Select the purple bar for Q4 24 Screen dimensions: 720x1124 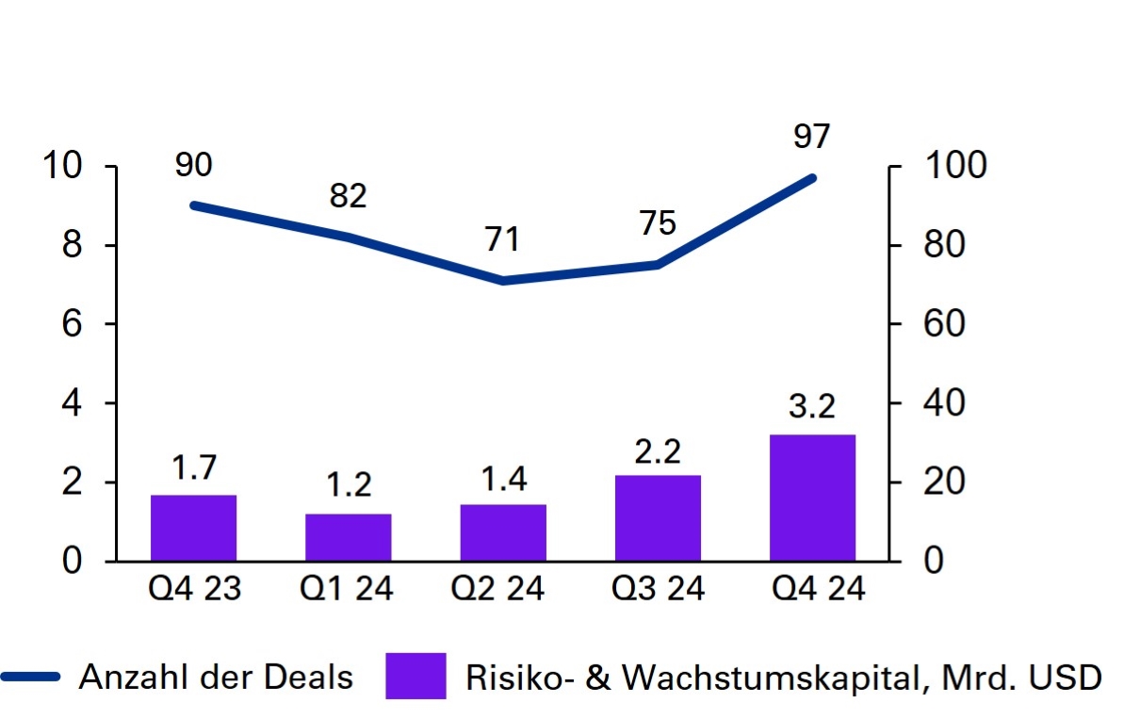coord(812,498)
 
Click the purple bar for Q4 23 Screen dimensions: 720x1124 coord(193,528)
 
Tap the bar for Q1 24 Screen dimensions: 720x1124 coord(348,537)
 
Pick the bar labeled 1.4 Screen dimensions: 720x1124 coord(503,532)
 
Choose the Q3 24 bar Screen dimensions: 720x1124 coord(658,518)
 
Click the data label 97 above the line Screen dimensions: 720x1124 coord(811,136)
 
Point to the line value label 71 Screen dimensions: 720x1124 coord(502,239)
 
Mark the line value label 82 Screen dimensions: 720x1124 coord(348,196)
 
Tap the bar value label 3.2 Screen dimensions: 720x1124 coord(811,408)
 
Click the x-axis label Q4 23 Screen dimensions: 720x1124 coord(194,590)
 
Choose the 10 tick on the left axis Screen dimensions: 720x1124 coord(64,167)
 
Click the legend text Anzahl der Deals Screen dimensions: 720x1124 coord(216,676)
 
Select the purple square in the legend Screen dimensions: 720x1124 coord(415,676)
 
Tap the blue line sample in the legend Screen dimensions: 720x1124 coord(31,676)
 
